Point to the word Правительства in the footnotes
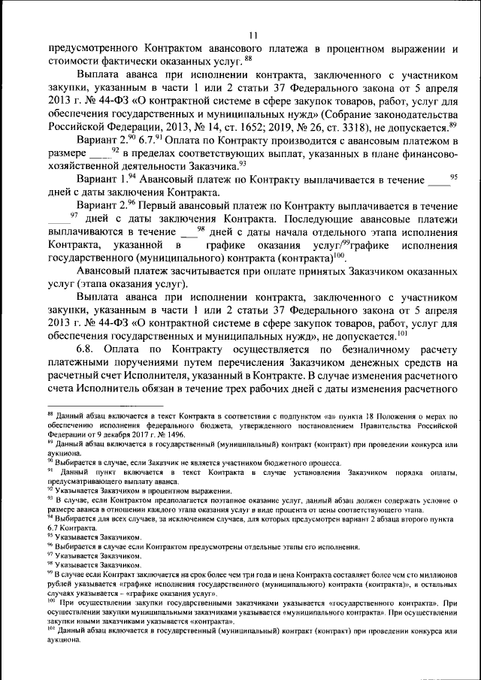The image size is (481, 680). pos(383,425)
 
